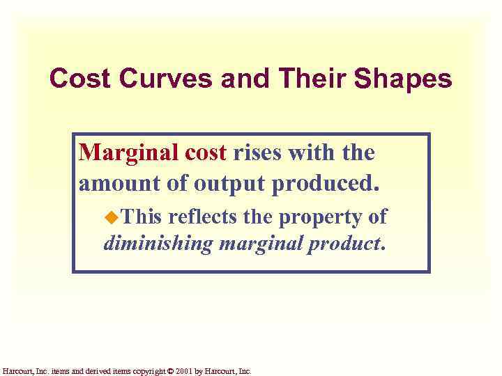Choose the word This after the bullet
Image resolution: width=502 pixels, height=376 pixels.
(142, 217)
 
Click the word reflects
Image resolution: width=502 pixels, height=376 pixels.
(206, 217)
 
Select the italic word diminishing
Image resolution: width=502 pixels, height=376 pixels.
(158, 244)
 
